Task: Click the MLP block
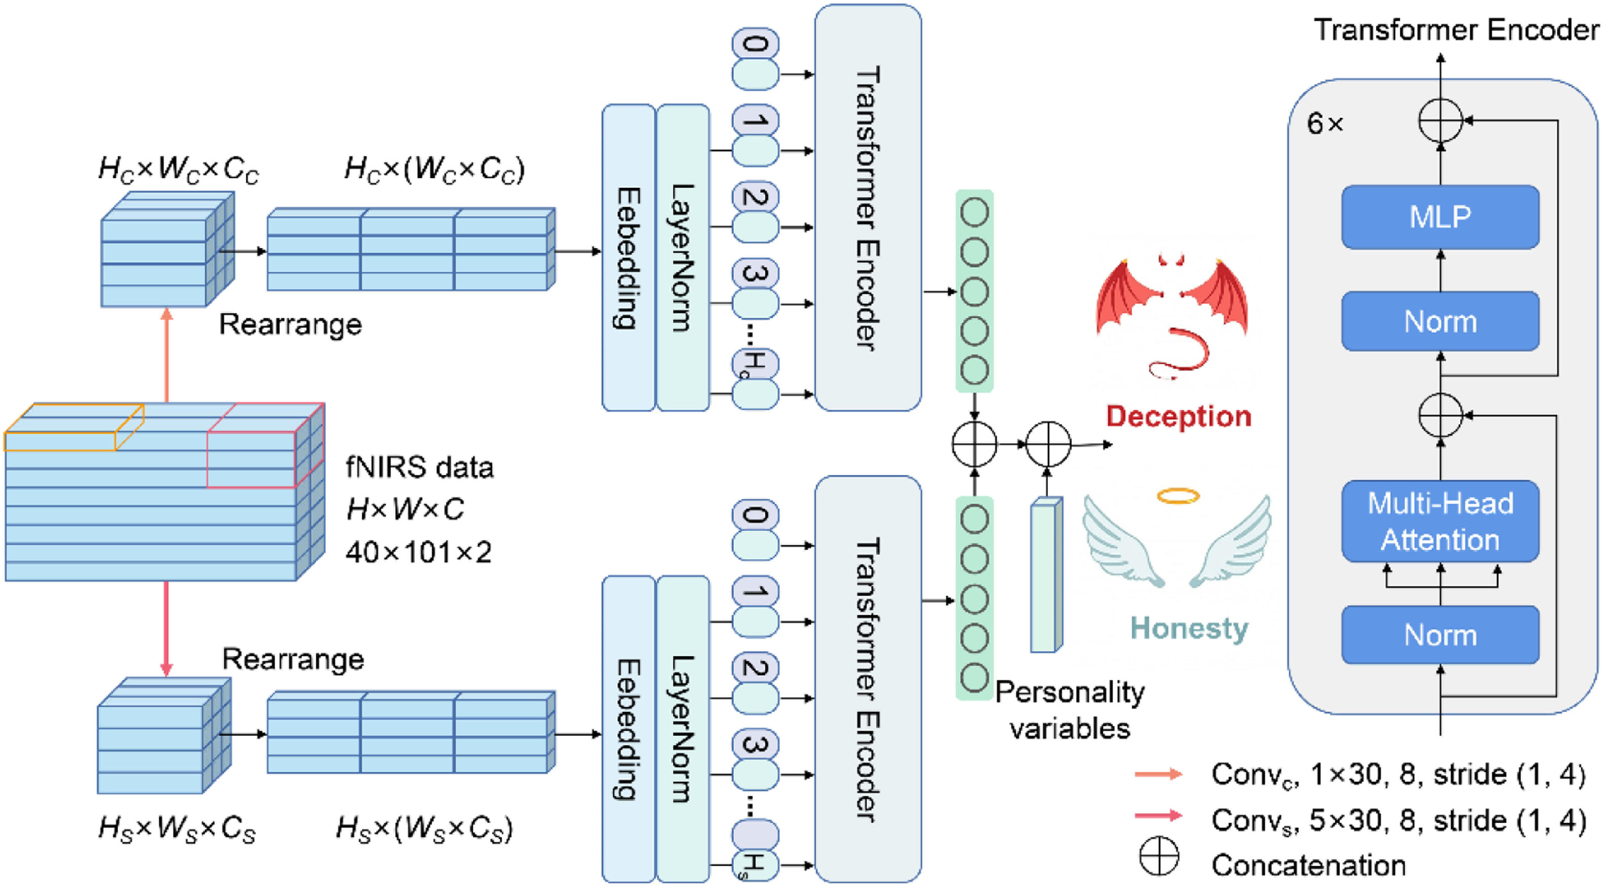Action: coord(1440,217)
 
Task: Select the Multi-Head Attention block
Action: coord(1440,521)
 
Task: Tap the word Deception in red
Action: coord(1178,416)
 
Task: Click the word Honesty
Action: coord(1189,628)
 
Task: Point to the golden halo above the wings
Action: coord(1178,496)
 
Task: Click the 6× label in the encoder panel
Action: coord(1325,123)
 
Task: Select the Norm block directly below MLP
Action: coord(1440,321)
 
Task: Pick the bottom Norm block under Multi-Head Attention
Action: coord(1440,635)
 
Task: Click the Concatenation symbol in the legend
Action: coord(1159,856)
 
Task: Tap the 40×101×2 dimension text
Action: coord(419,552)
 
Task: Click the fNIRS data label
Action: coord(419,467)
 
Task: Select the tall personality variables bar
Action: coord(1046,575)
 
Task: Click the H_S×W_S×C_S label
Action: coord(177,829)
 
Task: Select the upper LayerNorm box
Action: coord(683,257)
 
